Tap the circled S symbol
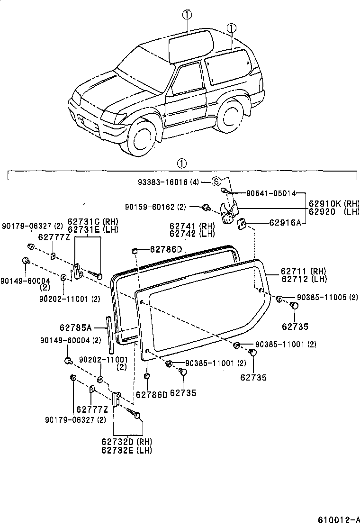[216, 182]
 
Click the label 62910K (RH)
[334, 203]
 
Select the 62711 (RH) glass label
[303, 271]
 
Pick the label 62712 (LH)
[303, 279]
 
